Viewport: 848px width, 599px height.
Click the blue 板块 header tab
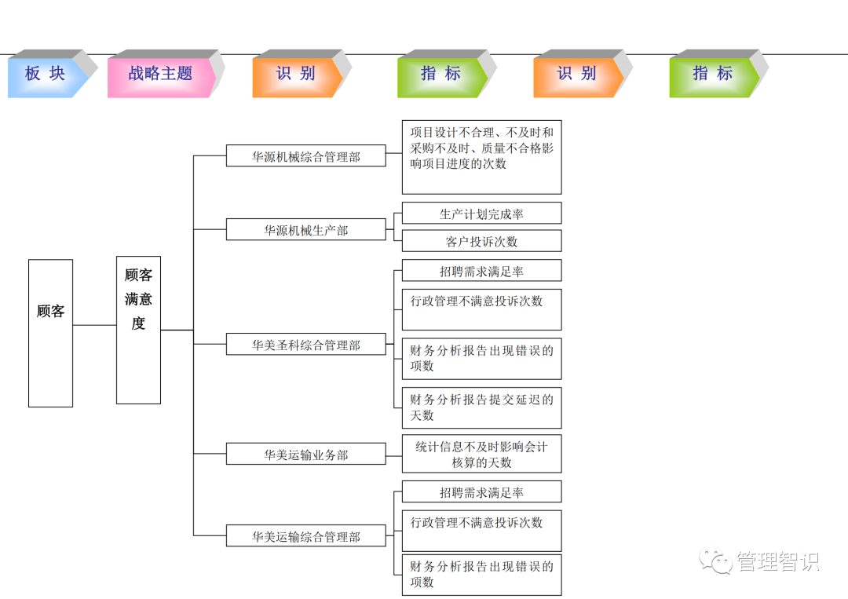coord(46,74)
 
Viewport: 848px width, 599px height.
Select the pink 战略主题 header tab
coord(160,74)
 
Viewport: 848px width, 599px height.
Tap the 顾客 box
coord(50,333)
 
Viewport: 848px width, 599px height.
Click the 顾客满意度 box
coord(138,330)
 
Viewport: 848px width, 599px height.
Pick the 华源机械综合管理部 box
coord(305,155)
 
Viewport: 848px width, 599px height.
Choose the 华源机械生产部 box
coord(305,229)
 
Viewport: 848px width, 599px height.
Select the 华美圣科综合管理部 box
coord(305,344)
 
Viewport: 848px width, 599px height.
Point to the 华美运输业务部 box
coord(305,454)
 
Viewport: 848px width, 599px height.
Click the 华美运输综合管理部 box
coord(305,536)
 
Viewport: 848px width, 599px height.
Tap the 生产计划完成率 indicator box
coord(481,213)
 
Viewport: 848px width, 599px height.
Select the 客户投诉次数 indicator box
coord(481,240)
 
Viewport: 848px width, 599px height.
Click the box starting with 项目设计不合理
coord(481,157)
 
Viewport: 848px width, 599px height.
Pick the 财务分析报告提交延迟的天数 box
coord(481,407)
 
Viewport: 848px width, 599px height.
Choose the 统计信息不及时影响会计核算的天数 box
coord(481,455)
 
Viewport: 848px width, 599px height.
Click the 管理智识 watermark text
coord(777,562)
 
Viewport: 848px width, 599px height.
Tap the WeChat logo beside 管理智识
coord(716,561)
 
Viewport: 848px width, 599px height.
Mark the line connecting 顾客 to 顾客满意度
coord(94,325)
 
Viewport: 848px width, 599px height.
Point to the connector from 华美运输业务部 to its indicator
coord(393,454)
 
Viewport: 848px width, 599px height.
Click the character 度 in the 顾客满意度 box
coord(138,323)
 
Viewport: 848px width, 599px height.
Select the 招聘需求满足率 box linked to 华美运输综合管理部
coord(481,492)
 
